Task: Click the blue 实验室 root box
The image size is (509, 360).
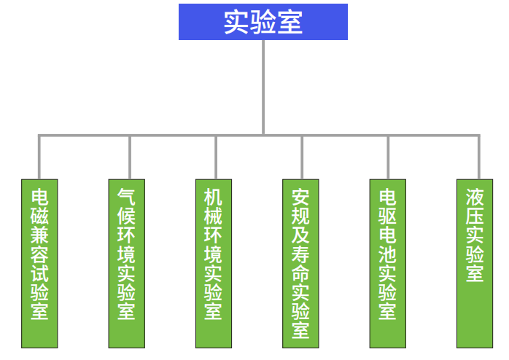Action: (263, 23)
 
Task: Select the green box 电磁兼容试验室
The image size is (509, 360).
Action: (39, 262)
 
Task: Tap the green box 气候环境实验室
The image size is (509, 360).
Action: (126, 262)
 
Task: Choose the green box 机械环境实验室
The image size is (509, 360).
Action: (214, 262)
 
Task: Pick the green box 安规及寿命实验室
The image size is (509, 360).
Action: (300, 262)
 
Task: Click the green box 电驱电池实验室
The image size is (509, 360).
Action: (387, 262)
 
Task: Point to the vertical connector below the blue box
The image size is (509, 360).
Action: (263, 87)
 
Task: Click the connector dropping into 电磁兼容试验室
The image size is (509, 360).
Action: (39, 157)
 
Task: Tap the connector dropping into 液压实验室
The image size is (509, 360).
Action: (479, 157)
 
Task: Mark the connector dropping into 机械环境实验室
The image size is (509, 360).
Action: (216, 157)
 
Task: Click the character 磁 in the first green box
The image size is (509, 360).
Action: (39, 216)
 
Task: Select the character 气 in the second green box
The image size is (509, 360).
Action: (126, 196)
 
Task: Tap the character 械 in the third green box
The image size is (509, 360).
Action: (214, 216)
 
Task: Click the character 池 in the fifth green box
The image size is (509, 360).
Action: (387, 255)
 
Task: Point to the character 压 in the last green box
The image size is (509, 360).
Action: (475, 216)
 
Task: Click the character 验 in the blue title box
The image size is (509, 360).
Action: (263, 23)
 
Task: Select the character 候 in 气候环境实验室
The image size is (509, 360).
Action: (126, 216)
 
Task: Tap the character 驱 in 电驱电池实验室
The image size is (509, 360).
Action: (387, 216)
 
